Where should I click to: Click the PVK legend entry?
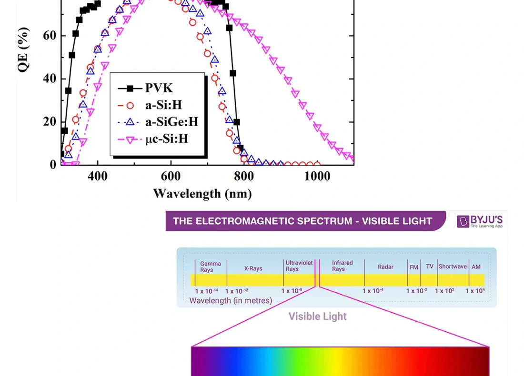(159, 89)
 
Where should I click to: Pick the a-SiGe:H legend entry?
(171, 122)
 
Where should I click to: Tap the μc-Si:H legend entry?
(166, 139)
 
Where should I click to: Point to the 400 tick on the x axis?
(98, 176)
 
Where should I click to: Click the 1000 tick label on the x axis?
(317, 176)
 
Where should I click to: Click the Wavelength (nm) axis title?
(202, 194)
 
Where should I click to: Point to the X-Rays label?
(253, 268)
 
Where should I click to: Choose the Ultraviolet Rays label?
(299, 266)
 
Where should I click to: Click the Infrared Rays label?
(342, 266)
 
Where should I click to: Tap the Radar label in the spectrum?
(385, 267)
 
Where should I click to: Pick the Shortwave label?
(453, 267)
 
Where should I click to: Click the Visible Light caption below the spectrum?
(317, 317)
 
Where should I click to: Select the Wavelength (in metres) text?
(231, 300)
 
